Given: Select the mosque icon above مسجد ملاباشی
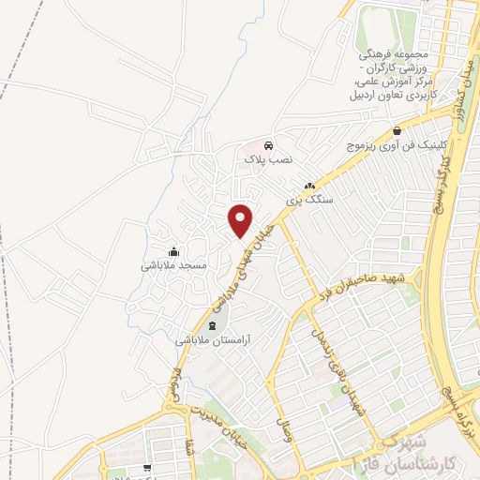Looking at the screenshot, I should (x=173, y=251).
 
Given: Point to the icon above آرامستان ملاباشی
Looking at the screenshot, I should (x=211, y=326).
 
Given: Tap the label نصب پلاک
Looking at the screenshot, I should (x=269, y=160).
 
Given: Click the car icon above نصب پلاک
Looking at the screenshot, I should (x=269, y=146).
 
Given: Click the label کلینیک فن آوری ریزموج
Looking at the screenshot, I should (x=399, y=146).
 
